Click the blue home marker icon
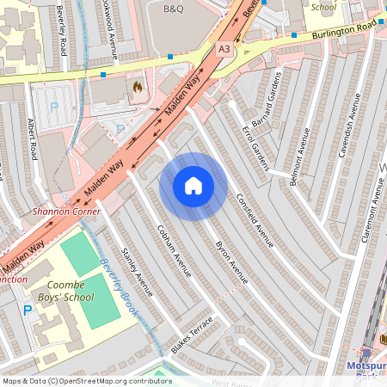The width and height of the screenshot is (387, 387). [x=193, y=186]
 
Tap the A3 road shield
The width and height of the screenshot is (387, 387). [x=224, y=49]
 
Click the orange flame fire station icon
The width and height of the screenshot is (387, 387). [x=137, y=86]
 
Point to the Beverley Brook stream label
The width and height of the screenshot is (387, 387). [x=118, y=288]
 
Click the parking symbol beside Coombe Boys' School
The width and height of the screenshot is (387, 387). [x=28, y=310]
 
